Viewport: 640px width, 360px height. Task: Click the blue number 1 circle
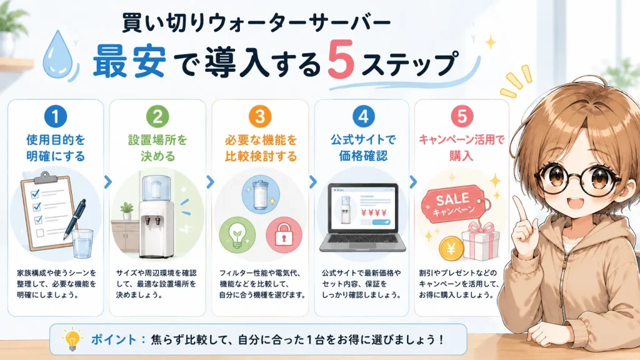click(x=56, y=116)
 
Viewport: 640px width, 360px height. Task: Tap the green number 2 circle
click(x=157, y=116)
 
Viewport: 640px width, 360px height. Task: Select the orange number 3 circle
click(x=260, y=116)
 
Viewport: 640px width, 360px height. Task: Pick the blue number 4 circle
click(x=363, y=116)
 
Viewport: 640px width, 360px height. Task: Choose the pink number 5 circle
click(x=462, y=116)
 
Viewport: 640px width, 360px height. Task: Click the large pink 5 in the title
click(x=340, y=60)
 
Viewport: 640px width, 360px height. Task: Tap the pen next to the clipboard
click(x=75, y=218)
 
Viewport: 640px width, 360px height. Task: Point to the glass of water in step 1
click(x=82, y=244)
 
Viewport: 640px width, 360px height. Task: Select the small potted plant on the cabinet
click(x=127, y=211)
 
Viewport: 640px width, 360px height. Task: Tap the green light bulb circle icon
click(x=237, y=236)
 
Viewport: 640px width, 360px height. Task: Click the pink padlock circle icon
click(x=284, y=236)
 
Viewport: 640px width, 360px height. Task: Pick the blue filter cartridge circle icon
click(x=261, y=194)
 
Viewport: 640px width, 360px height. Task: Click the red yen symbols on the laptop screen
click(x=374, y=212)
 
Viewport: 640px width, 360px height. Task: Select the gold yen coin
click(x=451, y=248)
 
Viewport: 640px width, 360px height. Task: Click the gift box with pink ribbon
click(x=481, y=241)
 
